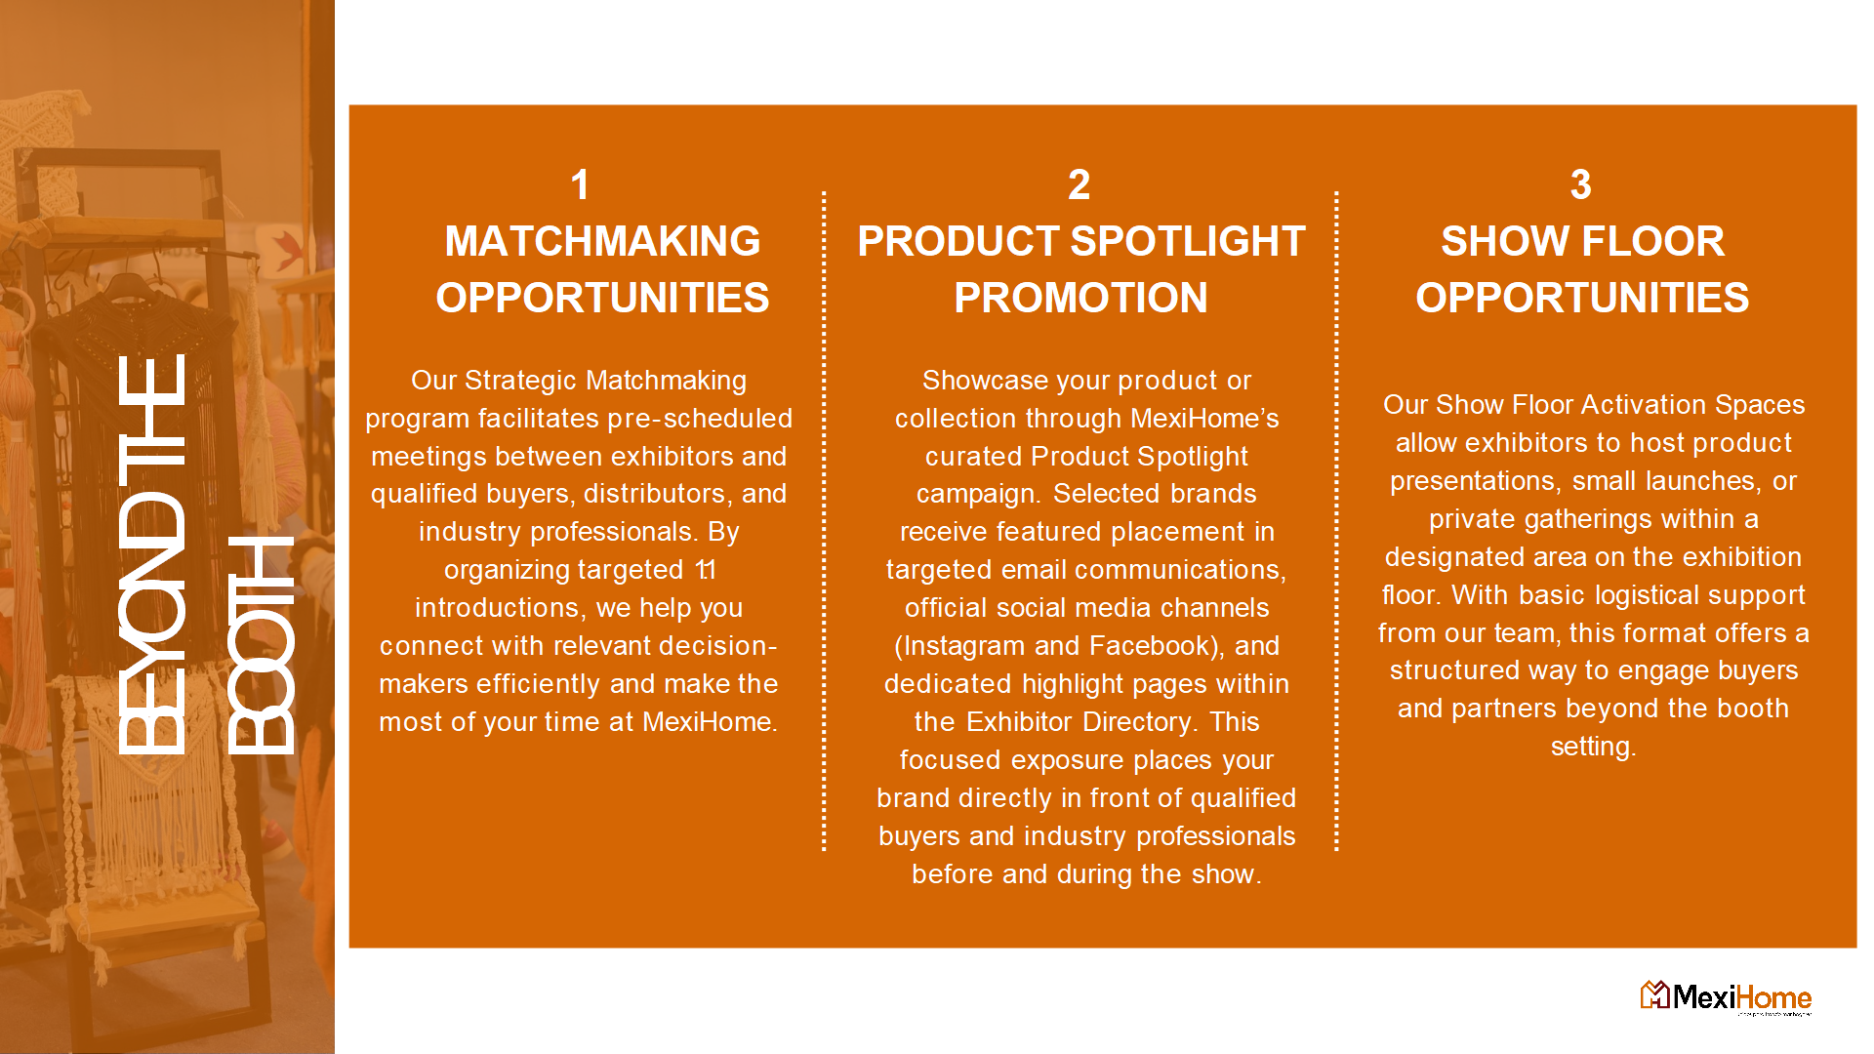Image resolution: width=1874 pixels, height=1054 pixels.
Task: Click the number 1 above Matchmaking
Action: pos(580,184)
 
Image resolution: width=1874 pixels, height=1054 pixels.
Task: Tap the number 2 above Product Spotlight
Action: pos(1079,184)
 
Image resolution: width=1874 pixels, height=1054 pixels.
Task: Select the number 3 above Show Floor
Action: pos(1581,184)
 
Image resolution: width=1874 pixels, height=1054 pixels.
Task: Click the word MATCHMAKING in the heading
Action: pos(602,241)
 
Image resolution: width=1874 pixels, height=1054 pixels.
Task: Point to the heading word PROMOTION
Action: pos(1080,298)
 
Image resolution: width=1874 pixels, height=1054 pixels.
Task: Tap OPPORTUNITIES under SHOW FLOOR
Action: pos(1582,298)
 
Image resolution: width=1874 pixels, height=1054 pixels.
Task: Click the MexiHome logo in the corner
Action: pos(1726,997)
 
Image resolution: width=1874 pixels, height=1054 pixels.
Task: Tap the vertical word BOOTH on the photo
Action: pos(261,645)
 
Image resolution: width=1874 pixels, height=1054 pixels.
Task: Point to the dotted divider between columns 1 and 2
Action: pos(824,521)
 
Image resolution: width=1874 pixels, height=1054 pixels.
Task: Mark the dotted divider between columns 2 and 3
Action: pos(1336,521)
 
